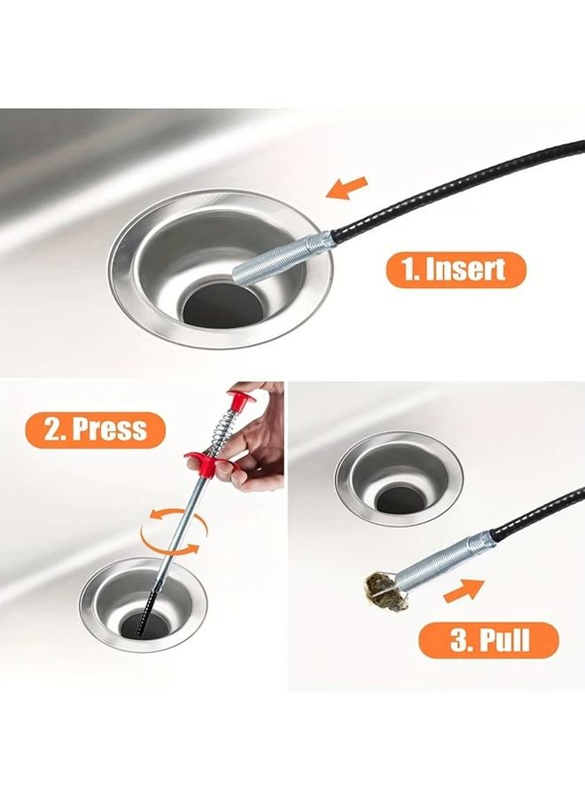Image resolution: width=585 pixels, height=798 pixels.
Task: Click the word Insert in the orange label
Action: tap(471, 270)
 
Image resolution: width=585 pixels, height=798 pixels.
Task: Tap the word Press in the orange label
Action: tap(108, 430)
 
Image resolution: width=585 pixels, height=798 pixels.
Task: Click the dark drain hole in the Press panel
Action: tap(143, 622)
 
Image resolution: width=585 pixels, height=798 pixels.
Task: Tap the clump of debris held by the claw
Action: tap(379, 589)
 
